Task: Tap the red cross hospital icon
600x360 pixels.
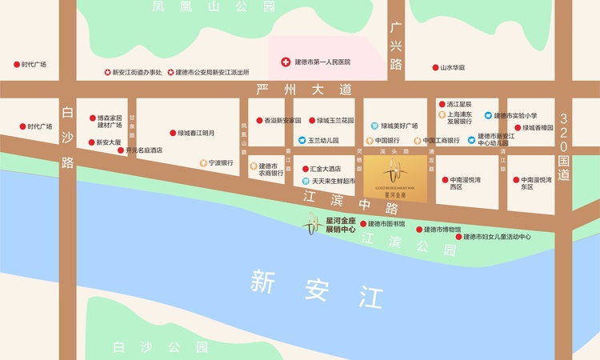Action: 285,62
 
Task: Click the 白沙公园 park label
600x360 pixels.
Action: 160,346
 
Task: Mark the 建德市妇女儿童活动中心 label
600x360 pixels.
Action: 498,237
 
